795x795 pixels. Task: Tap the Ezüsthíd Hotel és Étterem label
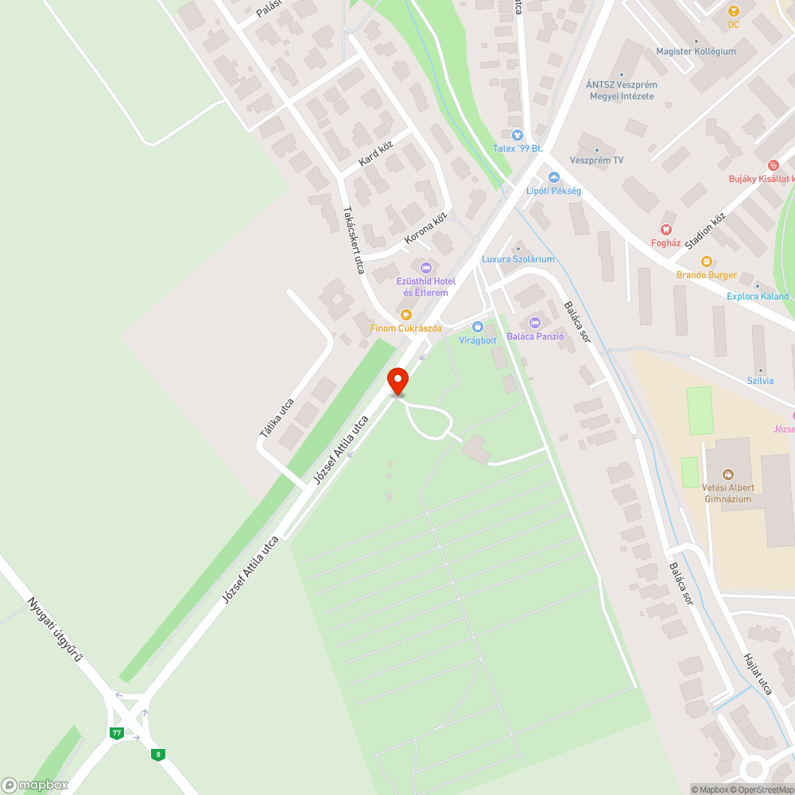click(425, 287)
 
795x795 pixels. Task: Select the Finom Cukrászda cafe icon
click(406, 315)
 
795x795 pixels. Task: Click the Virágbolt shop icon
click(477, 327)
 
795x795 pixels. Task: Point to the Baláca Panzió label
click(535, 336)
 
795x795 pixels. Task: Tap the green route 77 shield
click(117, 732)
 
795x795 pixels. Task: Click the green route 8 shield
click(159, 754)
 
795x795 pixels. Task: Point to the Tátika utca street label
click(277, 418)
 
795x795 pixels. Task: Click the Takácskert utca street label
click(353, 240)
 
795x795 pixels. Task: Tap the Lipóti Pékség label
click(553, 191)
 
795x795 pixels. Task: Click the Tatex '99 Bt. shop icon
click(518, 135)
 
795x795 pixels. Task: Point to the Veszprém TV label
click(596, 160)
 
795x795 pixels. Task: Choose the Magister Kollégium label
click(696, 51)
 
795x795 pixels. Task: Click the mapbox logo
click(35, 785)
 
